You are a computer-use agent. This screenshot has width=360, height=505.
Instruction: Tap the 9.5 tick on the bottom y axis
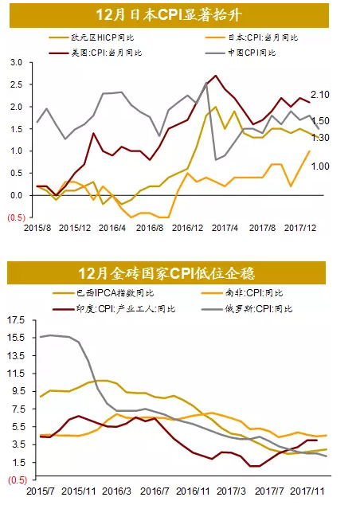click(x=18, y=391)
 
